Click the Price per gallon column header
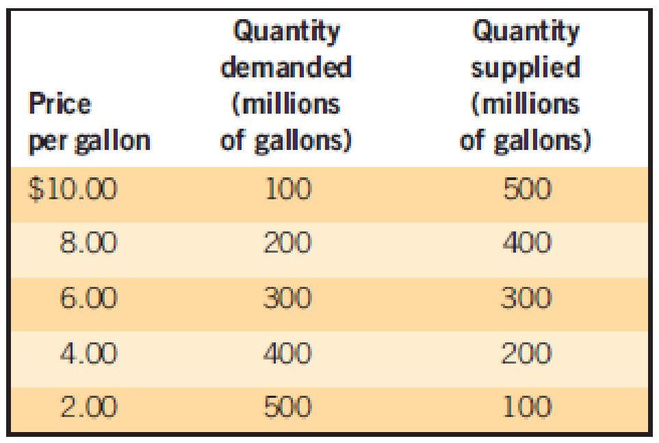point(88,123)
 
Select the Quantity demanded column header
point(286,86)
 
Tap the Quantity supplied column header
point(526,86)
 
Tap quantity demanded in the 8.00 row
point(287,243)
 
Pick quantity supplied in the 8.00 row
point(527,243)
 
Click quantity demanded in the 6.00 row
point(287,299)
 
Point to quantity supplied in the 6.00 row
point(527,299)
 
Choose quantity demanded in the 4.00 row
point(287,353)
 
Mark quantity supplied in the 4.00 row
point(527,353)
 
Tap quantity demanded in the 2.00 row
point(287,407)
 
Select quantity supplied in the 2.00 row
point(527,407)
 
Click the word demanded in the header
point(286,67)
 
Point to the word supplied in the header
point(526,68)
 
